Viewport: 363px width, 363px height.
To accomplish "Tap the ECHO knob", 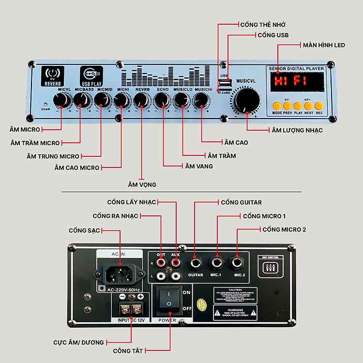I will [x=162, y=100].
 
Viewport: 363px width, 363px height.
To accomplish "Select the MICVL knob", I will [x=61, y=100].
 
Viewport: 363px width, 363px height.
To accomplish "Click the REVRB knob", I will [x=141, y=100].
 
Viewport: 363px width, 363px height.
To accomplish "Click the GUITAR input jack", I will [x=196, y=263].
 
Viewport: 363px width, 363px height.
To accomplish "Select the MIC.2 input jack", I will [x=238, y=263].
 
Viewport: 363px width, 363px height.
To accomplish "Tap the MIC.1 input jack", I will [x=216, y=263].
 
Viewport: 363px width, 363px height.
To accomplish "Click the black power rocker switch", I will [x=168, y=299].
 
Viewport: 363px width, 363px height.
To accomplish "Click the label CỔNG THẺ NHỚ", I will [x=263, y=24].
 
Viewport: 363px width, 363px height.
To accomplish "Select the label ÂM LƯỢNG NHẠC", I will [x=297, y=130].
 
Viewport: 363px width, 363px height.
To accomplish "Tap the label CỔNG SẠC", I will [x=84, y=230].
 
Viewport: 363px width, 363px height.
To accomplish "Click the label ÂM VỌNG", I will [x=142, y=184].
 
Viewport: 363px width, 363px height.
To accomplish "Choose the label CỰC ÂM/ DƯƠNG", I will [x=78, y=343].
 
